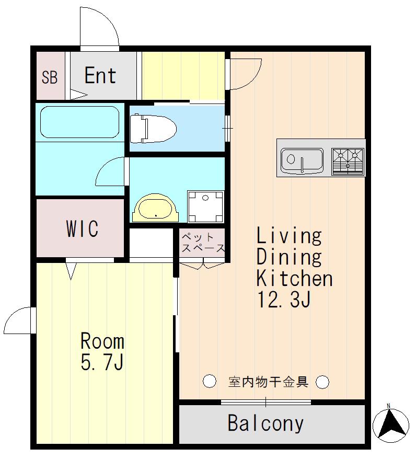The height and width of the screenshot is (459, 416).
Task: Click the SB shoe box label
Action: coord(50,77)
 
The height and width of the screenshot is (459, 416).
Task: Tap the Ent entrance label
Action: coord(100,75)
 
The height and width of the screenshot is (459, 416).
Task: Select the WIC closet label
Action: coord(82,228)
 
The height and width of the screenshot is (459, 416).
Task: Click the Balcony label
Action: coord(265,423)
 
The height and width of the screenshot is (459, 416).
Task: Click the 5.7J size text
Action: coord(102,362)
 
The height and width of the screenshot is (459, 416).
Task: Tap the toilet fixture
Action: coord(153,129)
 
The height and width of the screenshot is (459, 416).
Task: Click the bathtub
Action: coord(79,122)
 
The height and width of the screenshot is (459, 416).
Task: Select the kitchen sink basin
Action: coord(302,160)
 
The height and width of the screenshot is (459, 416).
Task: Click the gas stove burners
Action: coord(348,162)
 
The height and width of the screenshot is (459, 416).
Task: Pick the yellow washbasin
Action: coord(155,208)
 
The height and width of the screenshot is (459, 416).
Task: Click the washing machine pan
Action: coord(206,206)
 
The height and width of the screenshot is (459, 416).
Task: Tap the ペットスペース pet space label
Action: coord(203,243)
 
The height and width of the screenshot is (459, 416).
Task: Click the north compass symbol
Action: coord(390,424)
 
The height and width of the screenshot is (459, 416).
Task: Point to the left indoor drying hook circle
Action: coord(210,381)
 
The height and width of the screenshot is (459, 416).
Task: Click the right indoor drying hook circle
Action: coord(322,382)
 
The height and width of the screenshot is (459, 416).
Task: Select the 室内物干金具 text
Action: coord(268,382)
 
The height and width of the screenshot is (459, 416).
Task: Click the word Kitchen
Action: coord(295,279)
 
